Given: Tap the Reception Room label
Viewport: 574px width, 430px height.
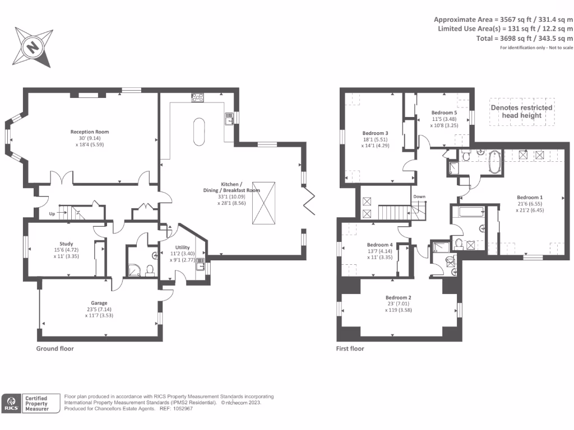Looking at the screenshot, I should [x=90, y=132].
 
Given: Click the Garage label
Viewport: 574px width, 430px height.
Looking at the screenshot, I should [x=99, y=303].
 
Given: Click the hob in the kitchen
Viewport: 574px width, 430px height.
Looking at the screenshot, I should [x=198, y=97].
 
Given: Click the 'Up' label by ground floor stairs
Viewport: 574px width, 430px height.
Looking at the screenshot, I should [x=51, y=213].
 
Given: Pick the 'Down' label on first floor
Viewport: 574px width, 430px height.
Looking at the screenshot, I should [x=419, y=197].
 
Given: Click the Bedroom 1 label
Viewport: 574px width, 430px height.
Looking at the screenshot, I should [x=530, y=198].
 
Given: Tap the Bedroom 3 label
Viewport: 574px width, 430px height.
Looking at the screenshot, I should [x=375, y=133].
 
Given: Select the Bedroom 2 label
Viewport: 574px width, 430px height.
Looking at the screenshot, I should [x=399, y=297].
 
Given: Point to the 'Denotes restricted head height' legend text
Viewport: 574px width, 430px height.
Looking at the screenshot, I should [x=521, y=111].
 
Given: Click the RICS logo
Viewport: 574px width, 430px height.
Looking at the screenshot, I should [x=11, y=403].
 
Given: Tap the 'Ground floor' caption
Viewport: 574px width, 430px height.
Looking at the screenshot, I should [x=55, y=348].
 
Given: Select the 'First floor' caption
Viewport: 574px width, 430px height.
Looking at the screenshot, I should [x=350, y=348].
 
